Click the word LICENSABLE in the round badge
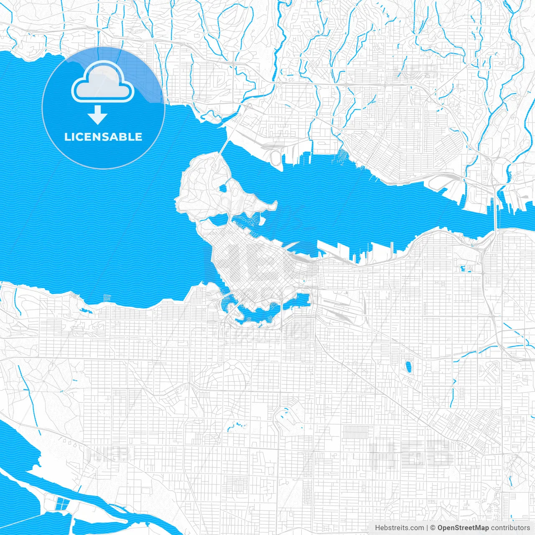(x=103, y=137)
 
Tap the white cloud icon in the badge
(x=103, y=84)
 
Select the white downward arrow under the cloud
(x=98, y=115)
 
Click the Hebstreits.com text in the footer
(x=399, y=528)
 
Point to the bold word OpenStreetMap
(x=463, y=528)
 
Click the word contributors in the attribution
(x=510, y=528)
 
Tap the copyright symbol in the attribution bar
(x=433, y=528)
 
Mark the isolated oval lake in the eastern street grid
(x=408, y=367)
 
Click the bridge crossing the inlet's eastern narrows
(x=496, y=209)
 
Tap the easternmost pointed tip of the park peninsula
(x=275, y=204)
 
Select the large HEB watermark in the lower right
(x=412, y=453)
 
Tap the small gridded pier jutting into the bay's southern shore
(x=107, y=298)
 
